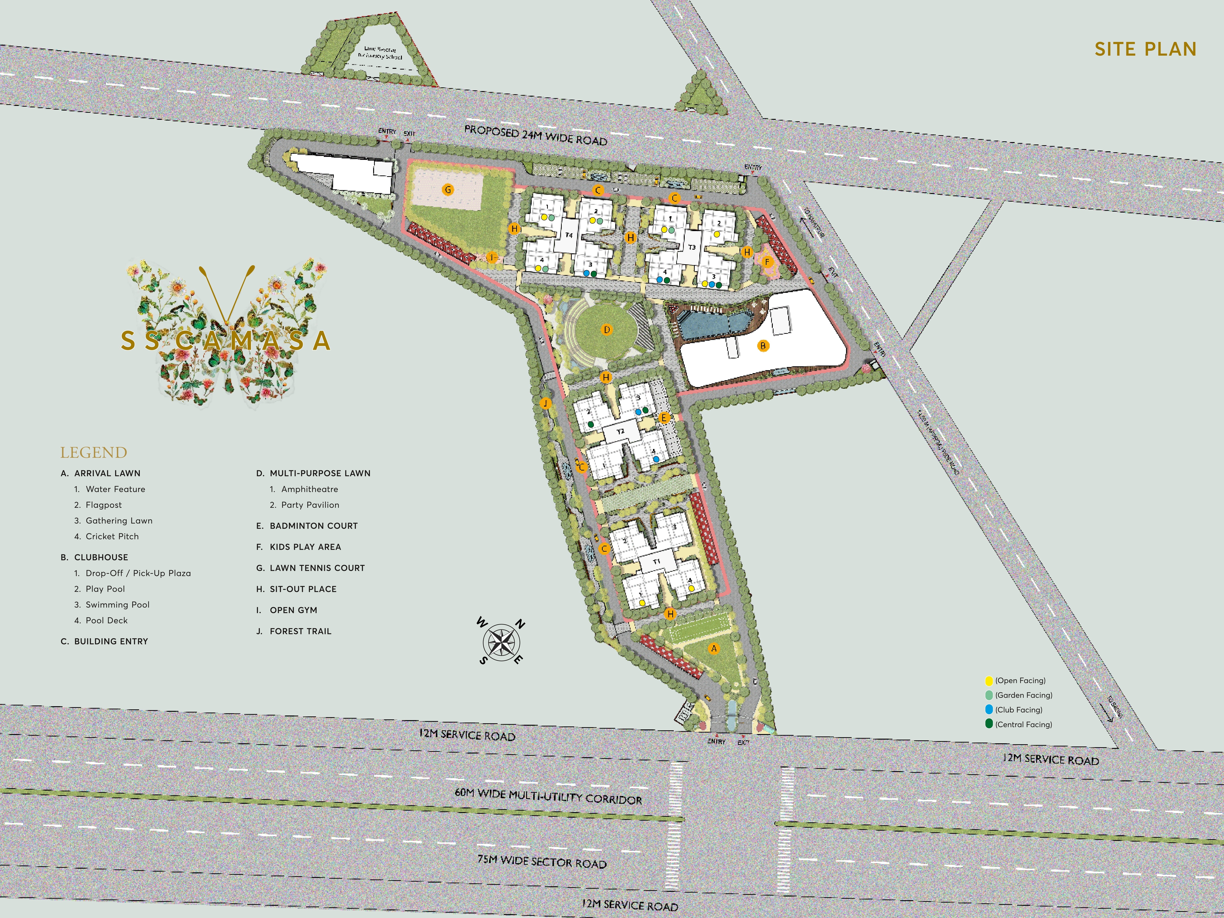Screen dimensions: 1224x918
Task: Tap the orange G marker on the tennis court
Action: (x=448, y=190)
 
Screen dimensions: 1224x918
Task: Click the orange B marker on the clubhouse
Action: (x=763, y=346)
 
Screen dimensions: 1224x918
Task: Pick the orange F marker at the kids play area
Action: (x=767, y=262)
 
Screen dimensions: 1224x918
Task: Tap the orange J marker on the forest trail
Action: (x=546, y=403)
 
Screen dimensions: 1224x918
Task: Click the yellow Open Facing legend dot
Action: (x=989, y=681)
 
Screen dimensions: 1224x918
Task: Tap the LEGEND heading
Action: (x=93, y=453)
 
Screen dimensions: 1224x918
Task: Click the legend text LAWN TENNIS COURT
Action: (x=317, y=568)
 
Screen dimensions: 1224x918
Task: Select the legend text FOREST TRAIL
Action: (x=300, y=631)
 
